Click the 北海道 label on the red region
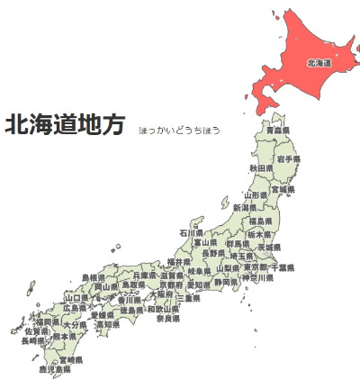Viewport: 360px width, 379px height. (x=319, y=63)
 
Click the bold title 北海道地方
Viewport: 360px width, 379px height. (x=65, y=126)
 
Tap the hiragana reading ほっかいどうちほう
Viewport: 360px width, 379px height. (x=179, y=131)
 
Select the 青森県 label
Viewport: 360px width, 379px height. (x=278, y=131)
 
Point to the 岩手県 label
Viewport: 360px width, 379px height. (x=289, y=158)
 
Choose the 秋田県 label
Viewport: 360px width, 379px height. (x=261, y=168)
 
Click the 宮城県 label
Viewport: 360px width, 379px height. (x=283, y=190)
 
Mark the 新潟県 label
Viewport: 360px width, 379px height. (x=245, y=208)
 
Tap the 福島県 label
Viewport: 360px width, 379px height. (x=261, y=221)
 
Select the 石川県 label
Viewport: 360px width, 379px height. (x=192, y=232)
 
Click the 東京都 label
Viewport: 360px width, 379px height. (x=256, y=267)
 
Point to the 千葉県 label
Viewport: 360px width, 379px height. (x=283, y=267)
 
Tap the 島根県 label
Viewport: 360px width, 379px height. (x=94, y=277)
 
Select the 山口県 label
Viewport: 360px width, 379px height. (x=76, y=297)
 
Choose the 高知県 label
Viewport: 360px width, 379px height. (x=107, y=324)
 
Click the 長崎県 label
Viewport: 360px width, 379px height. (x=31, y=341)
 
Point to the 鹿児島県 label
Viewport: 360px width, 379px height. (x=54, y=369)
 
